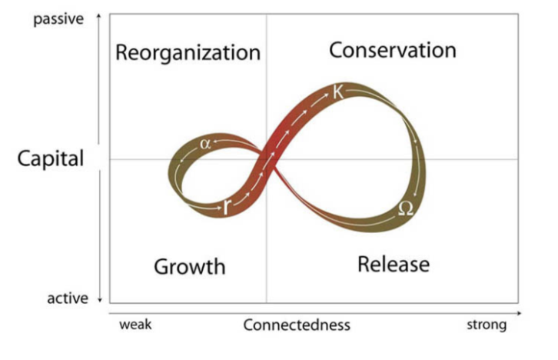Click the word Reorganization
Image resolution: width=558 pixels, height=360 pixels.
[188, 53]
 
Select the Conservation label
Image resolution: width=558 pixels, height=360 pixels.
[392, 50]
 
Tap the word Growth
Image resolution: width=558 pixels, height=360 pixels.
[190, 267]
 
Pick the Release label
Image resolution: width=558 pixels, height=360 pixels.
[394, 265]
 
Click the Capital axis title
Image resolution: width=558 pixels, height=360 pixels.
[51, 159]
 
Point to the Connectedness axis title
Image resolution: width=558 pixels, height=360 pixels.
[297, 325]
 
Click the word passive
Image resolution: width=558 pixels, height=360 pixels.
[58, 19]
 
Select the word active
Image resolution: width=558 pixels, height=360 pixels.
[68, 298]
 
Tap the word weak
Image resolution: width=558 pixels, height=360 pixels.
[135, 325]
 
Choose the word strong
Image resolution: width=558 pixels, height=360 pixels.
[487, 325]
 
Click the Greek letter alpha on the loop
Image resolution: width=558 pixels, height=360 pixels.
[204, 143]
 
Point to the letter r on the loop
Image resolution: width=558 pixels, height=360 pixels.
[227, 205]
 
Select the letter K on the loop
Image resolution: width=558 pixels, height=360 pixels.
[339, 92]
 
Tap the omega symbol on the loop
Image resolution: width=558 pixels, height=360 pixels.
[406, 208]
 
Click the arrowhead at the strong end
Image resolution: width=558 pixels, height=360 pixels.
[519, 313]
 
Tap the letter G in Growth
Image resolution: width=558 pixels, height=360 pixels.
[162, 267]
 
